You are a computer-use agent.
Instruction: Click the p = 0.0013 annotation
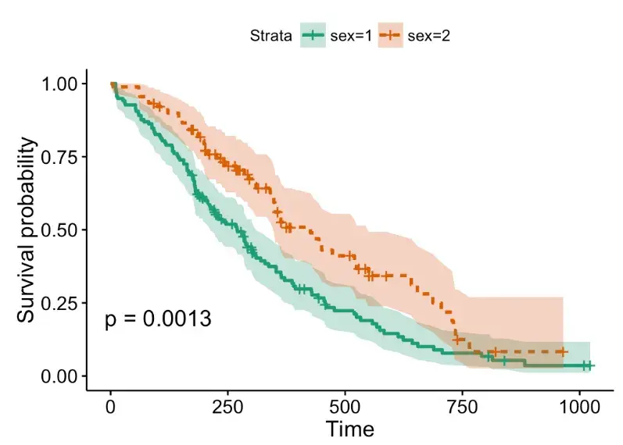158,319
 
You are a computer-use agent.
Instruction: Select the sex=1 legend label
348,35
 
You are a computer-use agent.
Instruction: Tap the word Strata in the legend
271,35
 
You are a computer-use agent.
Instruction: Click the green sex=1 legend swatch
313,35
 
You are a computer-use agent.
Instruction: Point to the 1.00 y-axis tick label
60,84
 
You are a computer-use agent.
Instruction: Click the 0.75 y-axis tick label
60,157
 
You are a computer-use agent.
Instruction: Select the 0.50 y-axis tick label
60,230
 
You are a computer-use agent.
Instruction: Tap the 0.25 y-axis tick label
60,303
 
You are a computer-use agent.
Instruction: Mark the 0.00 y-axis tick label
60,376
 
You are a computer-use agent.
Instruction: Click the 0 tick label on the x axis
111,407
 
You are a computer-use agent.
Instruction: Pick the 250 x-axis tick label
227,407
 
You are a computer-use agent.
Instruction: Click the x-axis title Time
349,429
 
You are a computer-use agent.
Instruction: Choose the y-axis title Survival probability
27,230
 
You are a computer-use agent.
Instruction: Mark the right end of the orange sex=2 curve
563,351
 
